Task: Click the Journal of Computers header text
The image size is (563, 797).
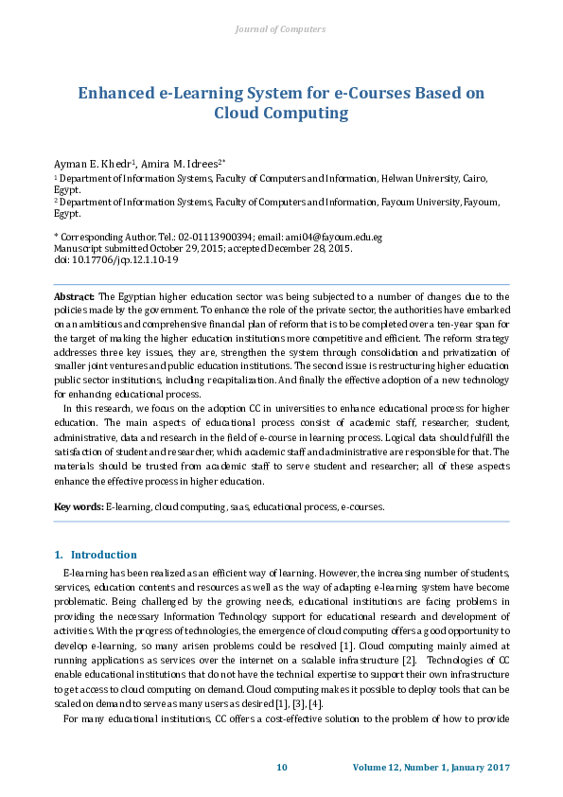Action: pos(280,29)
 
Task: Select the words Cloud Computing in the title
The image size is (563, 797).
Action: pos(281,114)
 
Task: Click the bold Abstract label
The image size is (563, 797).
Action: pos(74,297)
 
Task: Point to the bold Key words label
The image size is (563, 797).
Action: pos(79,506)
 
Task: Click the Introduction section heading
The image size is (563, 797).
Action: pos(104,555)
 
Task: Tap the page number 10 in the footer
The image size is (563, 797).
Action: pos(281,767)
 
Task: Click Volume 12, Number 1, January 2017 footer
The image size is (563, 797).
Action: pos(431,767)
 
